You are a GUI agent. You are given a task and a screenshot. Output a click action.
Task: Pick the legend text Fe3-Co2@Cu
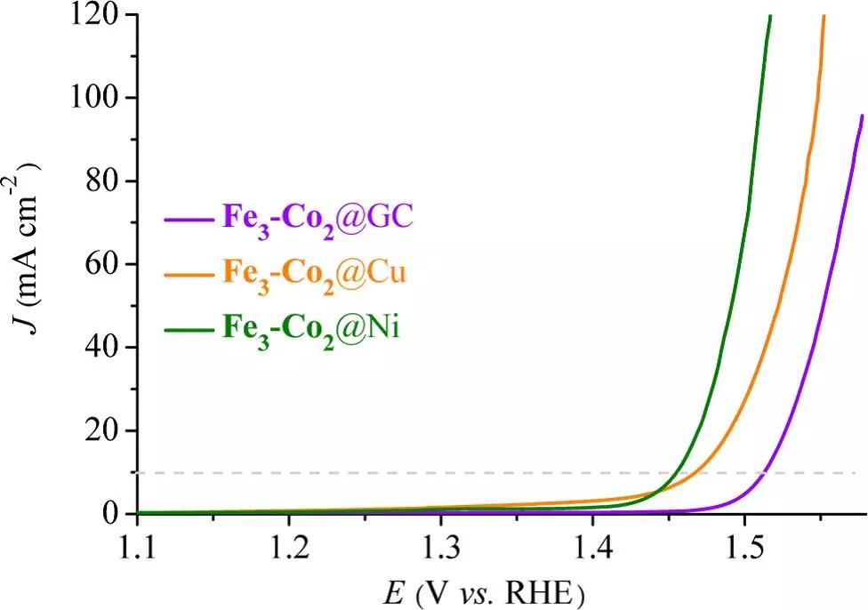tap(315, 274)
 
